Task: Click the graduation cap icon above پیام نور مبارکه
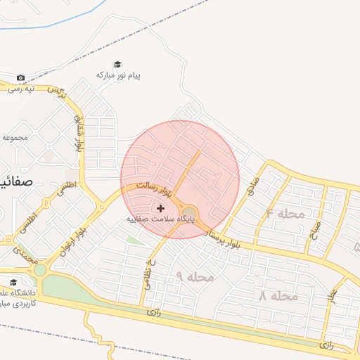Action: [x=117, y=64]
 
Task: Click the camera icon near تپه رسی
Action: [x=20, y=77]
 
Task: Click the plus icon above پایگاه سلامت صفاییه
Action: [x=161, y=208]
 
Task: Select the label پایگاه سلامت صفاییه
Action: [x=160, y=219]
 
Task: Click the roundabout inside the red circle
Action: [x=189, y=214]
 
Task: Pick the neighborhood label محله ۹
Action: [x=194, y=277]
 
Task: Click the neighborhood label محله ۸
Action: [x=278, y=296]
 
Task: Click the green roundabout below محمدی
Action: [x=40, y=270]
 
